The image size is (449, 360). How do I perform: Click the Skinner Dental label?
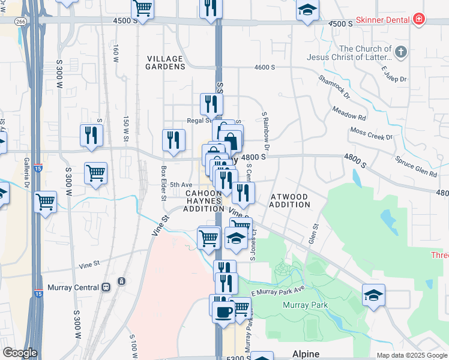[382, 20]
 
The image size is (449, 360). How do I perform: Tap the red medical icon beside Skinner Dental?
[418, 20]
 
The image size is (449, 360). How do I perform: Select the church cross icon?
[402, 53]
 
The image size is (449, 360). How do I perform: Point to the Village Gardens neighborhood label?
[165, 62]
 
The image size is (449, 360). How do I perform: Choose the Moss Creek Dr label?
[371, 133]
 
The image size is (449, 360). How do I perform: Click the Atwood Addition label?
[290, 200]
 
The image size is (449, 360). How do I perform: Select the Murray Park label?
[306, 305]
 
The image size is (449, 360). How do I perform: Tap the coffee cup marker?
[223, 312]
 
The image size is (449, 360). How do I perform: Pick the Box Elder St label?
[163, 175]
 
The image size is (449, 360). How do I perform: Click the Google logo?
[20, 353]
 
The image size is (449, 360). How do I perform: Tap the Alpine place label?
[306, 354]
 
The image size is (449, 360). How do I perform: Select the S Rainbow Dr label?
[265, 130]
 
